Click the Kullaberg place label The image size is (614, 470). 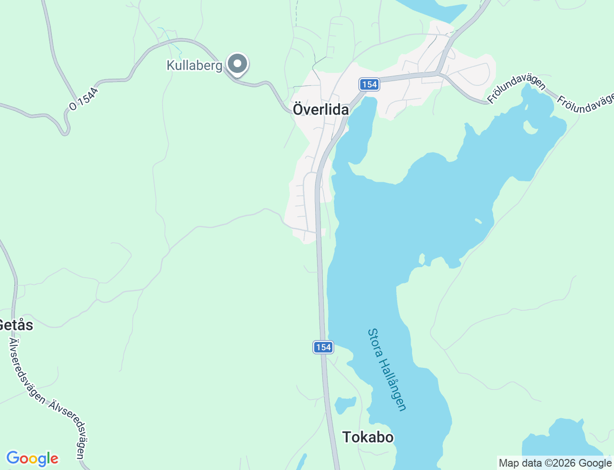194,65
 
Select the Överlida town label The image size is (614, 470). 321,109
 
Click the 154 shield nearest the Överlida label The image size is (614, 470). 369,84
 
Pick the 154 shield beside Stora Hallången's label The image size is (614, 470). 323,347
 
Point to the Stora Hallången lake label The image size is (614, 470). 387,369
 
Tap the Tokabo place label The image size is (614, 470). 368,437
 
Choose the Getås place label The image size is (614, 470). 16,325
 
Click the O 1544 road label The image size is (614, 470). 83,99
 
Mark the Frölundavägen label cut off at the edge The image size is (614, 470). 585,103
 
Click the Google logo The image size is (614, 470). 32,459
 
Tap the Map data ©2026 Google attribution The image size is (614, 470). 555,463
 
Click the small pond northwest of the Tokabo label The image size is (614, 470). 345,404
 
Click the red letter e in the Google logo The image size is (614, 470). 54,459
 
